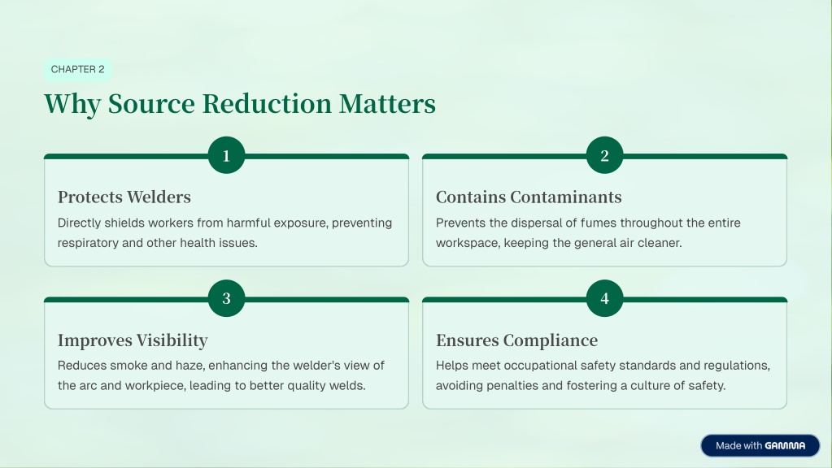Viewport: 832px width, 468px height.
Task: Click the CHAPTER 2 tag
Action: tap(77, 69)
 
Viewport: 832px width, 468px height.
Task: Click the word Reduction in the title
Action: tap(267, 103)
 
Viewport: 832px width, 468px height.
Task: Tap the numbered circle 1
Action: tap(227, 155)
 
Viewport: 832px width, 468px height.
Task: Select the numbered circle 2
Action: tap(605, 155)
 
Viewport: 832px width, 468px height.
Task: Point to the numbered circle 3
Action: tap(227, 298)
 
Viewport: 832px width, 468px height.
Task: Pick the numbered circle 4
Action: tap(605, 298)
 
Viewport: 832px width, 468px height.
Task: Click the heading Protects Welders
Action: tap(124, 197)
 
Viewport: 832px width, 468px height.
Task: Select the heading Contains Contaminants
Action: tap(529, 197)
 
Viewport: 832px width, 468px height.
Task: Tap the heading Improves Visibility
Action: tap(133, 340)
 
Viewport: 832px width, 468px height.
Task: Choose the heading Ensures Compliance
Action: tap(516, 340)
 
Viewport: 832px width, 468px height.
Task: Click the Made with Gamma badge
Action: tap(760, 446)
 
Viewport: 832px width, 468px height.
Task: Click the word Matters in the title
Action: tap(387, 103)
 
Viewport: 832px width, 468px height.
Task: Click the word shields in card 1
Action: tap(124, 223)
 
